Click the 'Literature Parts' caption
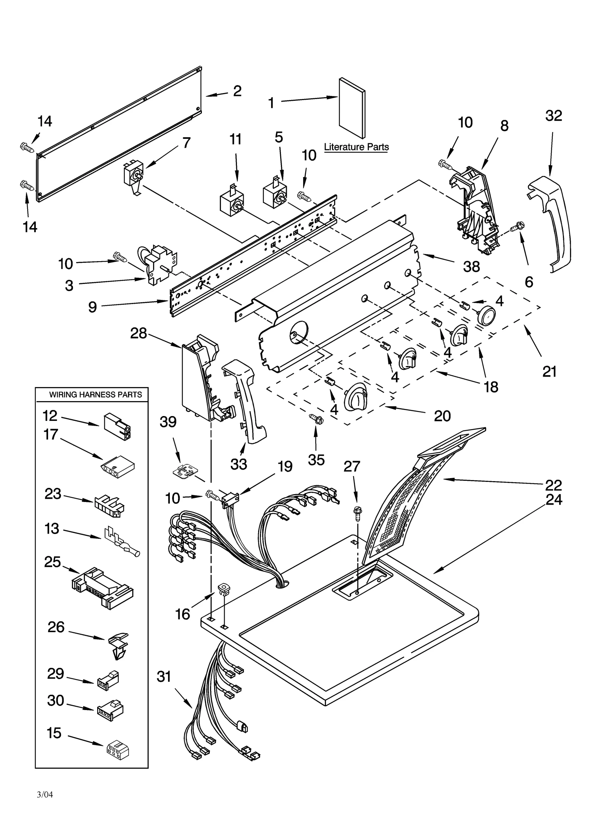tap(356, 147)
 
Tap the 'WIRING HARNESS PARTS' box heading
tap(95, 395)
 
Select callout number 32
tap(553, 116)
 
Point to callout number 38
tap(471, 266)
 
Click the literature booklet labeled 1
tap(352, 108)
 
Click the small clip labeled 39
tap(184, 471)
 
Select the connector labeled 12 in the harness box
tap(117, 426)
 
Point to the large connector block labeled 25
tap(102, 588)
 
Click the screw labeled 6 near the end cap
tap(518, 226)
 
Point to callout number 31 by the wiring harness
tap(164, 676)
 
